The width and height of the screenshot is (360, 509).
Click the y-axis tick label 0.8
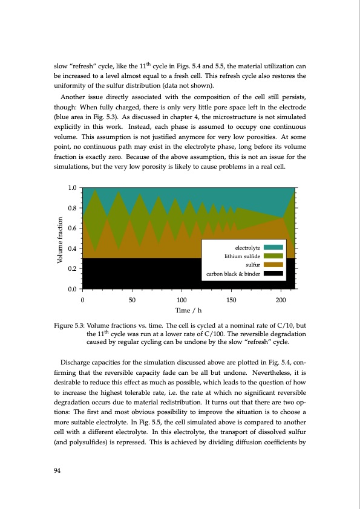click(72, 208)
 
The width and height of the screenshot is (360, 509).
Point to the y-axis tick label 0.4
click(72, 248)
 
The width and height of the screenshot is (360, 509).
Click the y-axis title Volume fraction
click(60, 239)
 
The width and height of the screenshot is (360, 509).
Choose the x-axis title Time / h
click(181, 310)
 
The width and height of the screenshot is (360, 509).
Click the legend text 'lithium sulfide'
click(242, 256)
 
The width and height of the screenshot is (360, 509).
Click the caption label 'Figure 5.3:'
click(67, 326)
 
